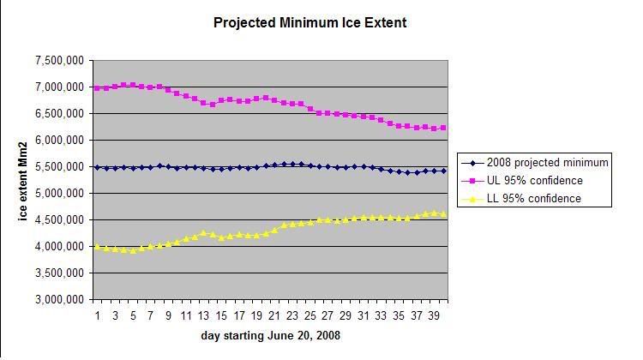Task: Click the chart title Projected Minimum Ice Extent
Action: (309, 23)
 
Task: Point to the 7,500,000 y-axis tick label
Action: (61, 60)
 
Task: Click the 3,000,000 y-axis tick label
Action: (61, 300)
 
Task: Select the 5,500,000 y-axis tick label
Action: (61, 167)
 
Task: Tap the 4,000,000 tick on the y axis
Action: (61, 247)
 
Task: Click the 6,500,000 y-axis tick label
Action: (61, 113)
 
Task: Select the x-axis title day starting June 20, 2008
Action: (269, 336)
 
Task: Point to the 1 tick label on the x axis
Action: (97, 315)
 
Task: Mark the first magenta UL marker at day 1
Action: (97, 88)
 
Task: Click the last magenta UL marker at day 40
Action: (443, 128)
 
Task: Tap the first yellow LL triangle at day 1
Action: (97, 247)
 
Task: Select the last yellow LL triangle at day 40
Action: (443, 213)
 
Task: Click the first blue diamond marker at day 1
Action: (97, 167)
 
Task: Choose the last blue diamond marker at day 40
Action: (443, 171)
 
